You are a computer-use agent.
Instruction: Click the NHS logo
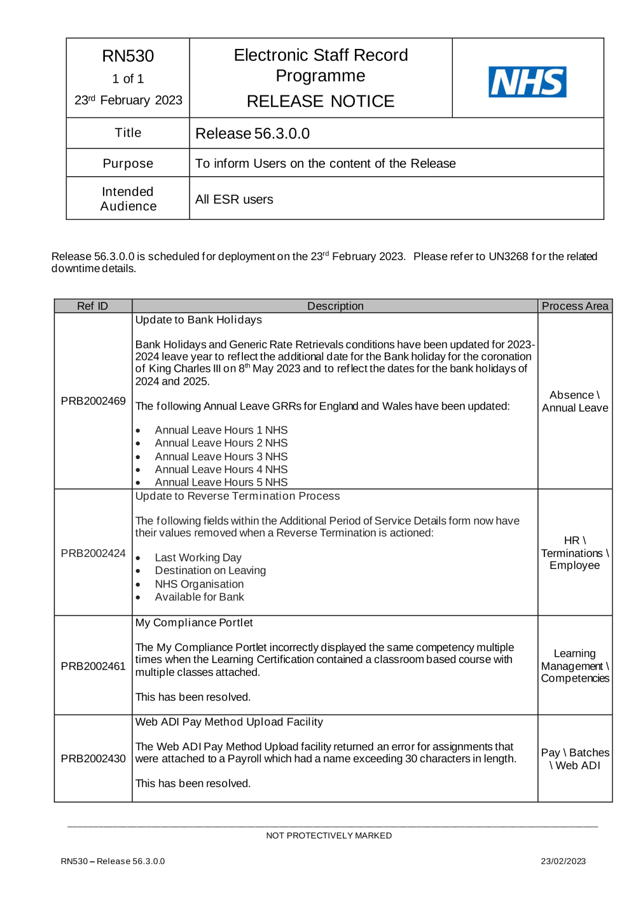tap(527, 82)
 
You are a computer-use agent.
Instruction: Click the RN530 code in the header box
tap(128, 56)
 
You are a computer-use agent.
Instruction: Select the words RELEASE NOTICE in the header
tap(321, 101)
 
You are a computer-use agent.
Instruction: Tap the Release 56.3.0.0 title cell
tap(252, 134)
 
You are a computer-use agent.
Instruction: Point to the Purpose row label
tap(128, 163)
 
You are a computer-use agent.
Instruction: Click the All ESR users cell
tap(234, 200)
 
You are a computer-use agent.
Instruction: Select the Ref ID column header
tap(93, 306)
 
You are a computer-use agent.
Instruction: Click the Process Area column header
tap(575, 306)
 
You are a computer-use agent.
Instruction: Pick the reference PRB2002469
tap(93, 401)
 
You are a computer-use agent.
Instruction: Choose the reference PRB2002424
tap(93, 553)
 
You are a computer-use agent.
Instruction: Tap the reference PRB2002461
tap(93, 666)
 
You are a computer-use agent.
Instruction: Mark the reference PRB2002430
tap(93, 758)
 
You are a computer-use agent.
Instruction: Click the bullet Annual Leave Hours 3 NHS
tap(221, 456)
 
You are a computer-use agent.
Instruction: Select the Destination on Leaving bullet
tap(210, 571)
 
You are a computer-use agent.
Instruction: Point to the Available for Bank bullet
tap(199, 597)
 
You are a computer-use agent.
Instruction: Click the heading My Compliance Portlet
tap(194, 623)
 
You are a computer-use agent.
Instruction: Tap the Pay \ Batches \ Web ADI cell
tap(575, 759)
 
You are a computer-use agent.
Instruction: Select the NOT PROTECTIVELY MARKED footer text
tap(329, 835)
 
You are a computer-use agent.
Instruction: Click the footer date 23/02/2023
tap(563, 861)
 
